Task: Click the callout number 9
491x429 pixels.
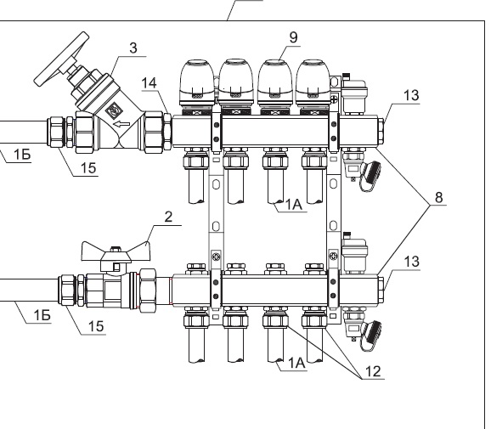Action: pyautogui.click(x=293, y=37)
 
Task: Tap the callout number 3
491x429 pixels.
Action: pyautogui.click(x=133, y=48)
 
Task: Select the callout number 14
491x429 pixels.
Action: pyautogui.click(x=149, y=83)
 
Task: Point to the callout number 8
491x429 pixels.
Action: pyautogui.click(x=439, y=197)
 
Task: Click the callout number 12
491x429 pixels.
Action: pyautogui.click(x=373, y=371)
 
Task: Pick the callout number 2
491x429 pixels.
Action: pyautogui.click(x=168, y=217)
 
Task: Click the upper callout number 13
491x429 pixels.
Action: pyautogui.click(x=411, y=95)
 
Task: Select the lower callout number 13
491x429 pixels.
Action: pyautogui.click(x=411, y=262)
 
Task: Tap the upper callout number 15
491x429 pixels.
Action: pyautogui.click(x=88, y=168)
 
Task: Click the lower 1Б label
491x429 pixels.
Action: pyautogui.click(x=42, y=315)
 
